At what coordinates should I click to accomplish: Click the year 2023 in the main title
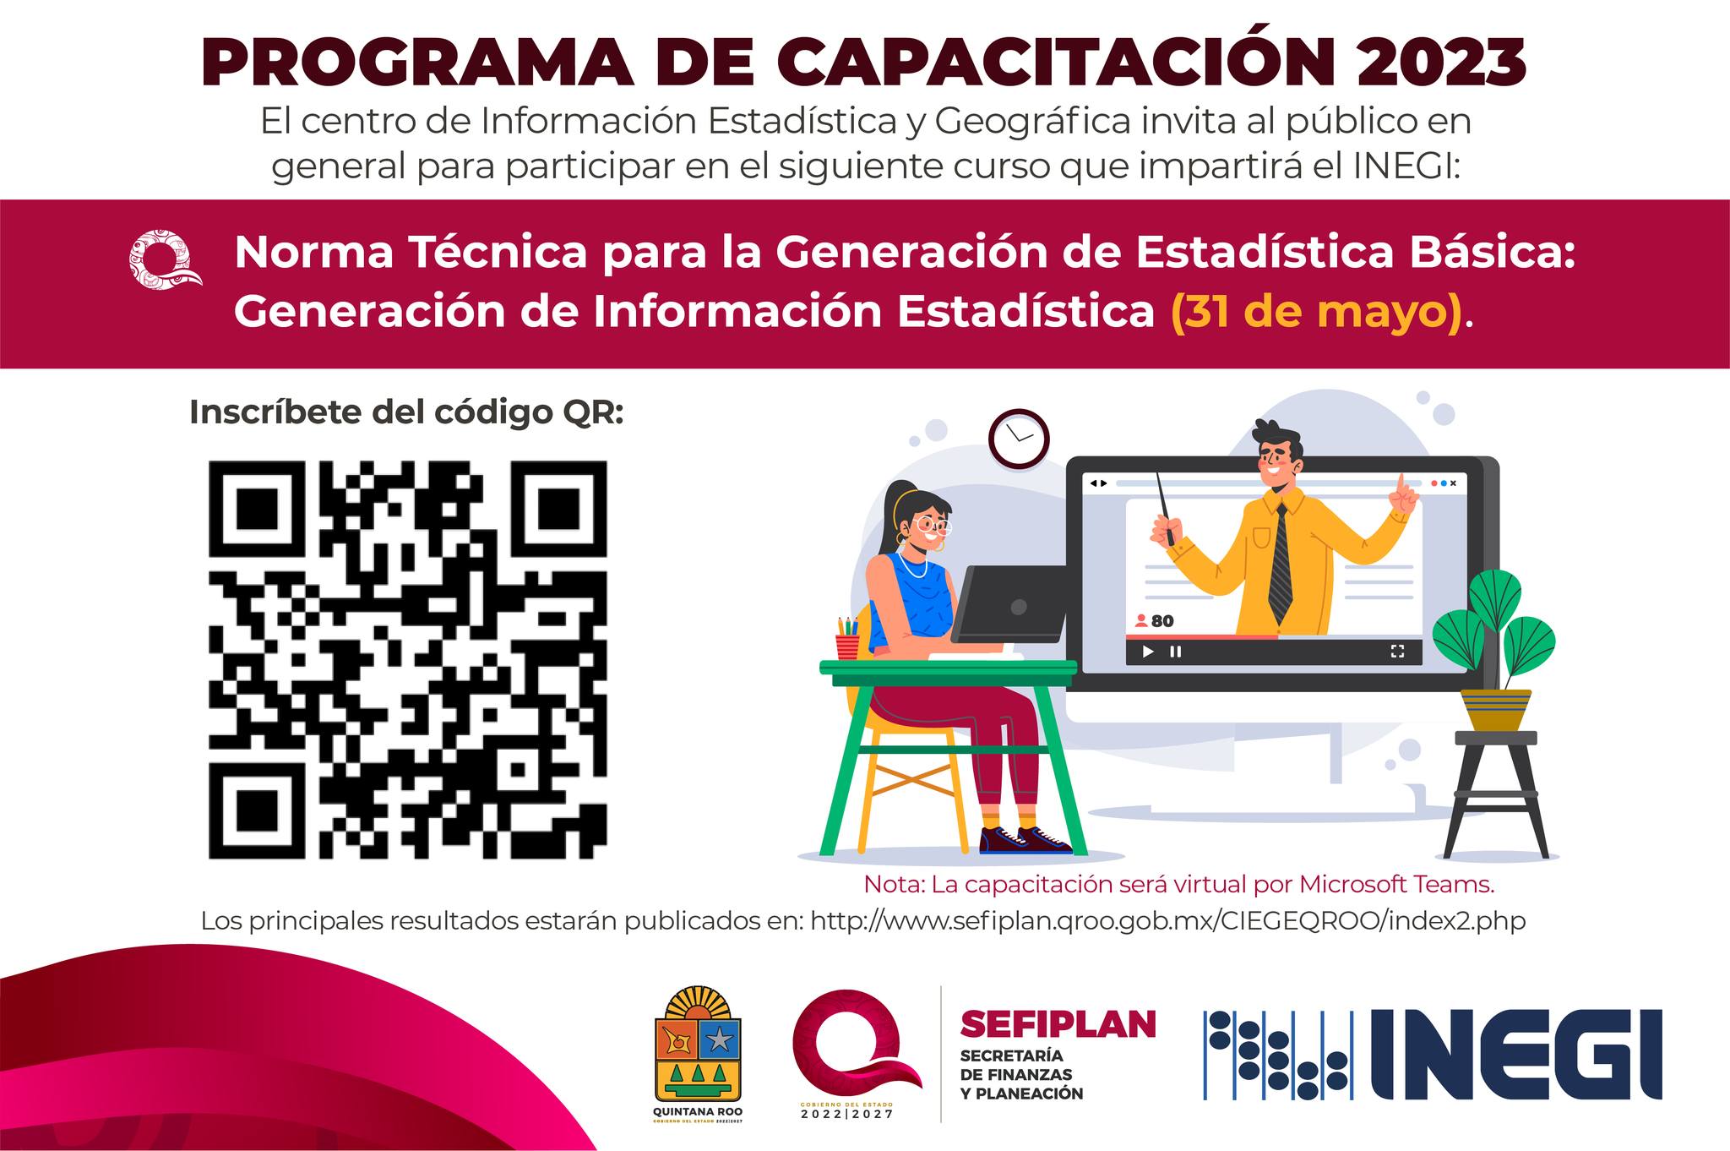point(1442,63)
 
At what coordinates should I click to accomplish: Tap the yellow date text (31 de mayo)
point(1317,311)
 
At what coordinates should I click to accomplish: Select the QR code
point(408,659)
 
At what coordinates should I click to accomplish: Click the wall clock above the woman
point(1019,439)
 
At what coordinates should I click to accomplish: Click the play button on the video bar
point(1148,652)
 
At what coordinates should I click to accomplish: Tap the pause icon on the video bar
point(1175,652)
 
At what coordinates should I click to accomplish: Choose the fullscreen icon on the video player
point(1397,651)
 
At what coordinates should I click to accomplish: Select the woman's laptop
point(1011,604)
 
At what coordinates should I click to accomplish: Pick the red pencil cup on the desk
point(847,646)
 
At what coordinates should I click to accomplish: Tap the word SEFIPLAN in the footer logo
point(1058,1024)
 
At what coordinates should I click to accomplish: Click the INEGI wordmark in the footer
point(1515,1055)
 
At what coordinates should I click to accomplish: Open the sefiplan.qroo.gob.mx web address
point(1168,920)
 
